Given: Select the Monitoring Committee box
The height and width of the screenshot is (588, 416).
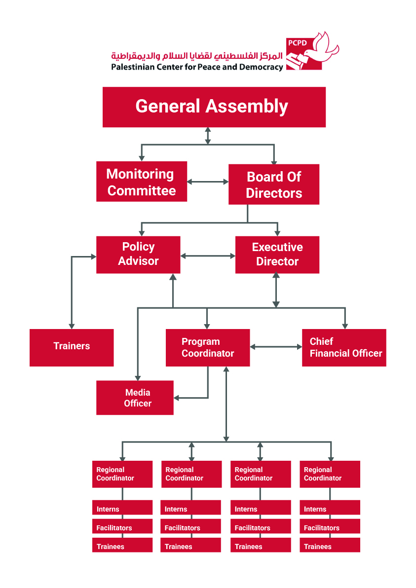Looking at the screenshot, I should [142, 182].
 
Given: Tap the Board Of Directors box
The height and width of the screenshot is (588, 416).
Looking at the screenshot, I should [274, 184].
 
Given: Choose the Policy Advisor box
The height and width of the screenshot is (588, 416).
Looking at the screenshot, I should [138, 255].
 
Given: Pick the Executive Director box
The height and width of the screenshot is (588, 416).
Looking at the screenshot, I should [277, 255].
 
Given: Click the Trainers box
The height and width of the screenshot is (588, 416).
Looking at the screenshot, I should [72, 347].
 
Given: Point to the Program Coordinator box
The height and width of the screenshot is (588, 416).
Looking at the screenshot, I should [208, 347].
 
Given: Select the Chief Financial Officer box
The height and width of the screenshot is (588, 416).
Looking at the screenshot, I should [344, 347].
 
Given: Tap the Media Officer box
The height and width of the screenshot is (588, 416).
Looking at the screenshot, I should [135, 398].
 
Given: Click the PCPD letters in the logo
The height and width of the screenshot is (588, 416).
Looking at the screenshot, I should [297, 43].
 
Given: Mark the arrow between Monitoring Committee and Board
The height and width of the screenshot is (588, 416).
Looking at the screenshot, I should [208, 182].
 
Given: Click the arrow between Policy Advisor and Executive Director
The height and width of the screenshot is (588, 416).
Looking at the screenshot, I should [208, 256].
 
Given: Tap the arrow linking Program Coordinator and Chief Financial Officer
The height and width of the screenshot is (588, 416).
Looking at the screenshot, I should [276, 347].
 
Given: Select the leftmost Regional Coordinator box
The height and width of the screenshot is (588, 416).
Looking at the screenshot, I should [122, 474].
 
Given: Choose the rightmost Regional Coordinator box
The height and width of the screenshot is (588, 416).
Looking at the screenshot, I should [330, 474].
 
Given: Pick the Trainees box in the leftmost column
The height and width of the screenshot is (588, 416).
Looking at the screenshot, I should [122, 545].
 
